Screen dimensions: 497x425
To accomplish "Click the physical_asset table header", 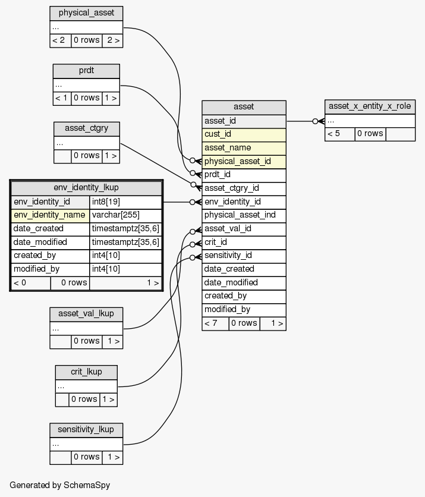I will (86, 12).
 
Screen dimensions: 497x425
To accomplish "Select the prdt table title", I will (86, 71).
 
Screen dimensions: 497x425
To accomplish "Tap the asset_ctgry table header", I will (86, 128).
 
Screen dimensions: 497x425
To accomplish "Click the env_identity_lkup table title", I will (86, 188).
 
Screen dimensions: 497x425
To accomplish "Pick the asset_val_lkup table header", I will (86, 313).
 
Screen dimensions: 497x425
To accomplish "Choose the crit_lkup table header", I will (86, 372).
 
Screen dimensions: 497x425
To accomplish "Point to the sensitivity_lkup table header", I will (86, 429).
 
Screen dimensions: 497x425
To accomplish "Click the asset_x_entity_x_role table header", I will (370, 106).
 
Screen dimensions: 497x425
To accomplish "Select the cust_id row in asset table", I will (244, 134).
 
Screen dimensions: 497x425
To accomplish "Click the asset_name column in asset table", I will (244, 147).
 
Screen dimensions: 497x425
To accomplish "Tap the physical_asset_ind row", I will (244, 215).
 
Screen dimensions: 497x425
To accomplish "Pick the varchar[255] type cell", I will (125, 215).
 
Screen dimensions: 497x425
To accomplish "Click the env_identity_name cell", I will (51, 215).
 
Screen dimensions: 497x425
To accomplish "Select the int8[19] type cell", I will (125, 202).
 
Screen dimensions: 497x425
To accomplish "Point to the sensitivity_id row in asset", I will (244, 256).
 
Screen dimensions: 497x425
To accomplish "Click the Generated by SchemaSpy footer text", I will (60, 485).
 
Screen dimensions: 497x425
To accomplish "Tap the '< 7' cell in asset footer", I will (215, 323).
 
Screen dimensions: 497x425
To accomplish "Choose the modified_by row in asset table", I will (244, 309).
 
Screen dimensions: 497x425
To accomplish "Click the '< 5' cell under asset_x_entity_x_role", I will (340, 134).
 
